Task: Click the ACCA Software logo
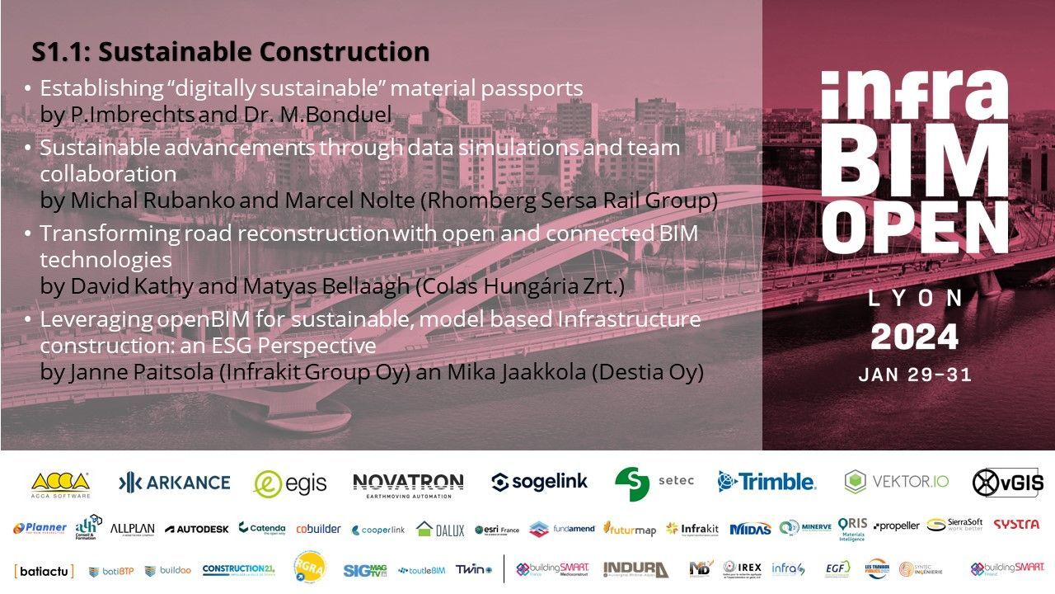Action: tap(60, 483)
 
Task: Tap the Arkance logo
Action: tap(174, 483)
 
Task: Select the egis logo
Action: tap(290, 483)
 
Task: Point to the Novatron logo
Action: tap(408, 483)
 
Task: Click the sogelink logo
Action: tap(540, 483)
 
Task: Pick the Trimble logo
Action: tap(766, 482)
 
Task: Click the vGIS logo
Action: tap(1007, 483)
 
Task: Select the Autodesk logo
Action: tap(196, 529)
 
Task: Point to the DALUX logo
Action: tap(440, 529)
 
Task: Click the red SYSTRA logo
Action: tap(1015, 525)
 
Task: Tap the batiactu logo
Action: tap(44, 570)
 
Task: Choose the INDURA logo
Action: tap(635, 569)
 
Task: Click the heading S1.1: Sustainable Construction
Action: tap(230, 52)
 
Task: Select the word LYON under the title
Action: tap(915, 298)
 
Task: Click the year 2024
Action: tap(915, 337)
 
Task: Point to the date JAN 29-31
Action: tap(915, 375)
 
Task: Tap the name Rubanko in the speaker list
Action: tap(187, 200)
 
